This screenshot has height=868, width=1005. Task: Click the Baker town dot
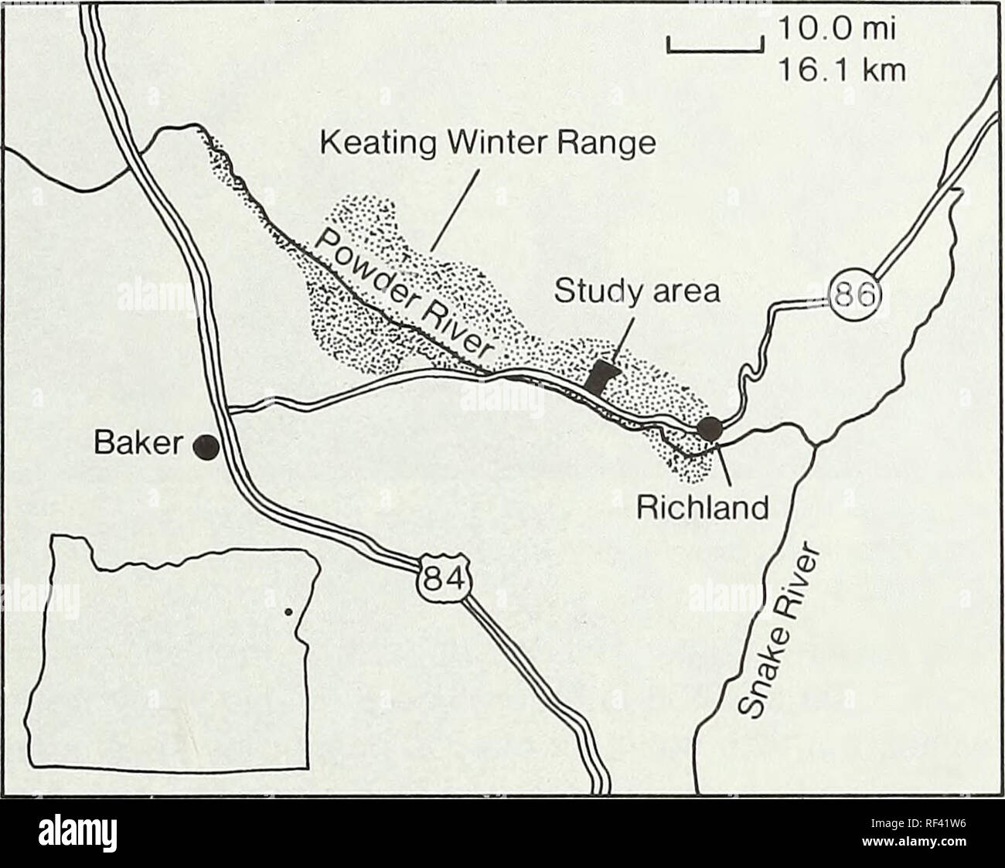(x=206, y=448)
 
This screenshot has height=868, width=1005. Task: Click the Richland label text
(x=702, y=508)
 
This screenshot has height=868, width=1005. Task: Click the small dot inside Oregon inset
(x=288, y=611)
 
